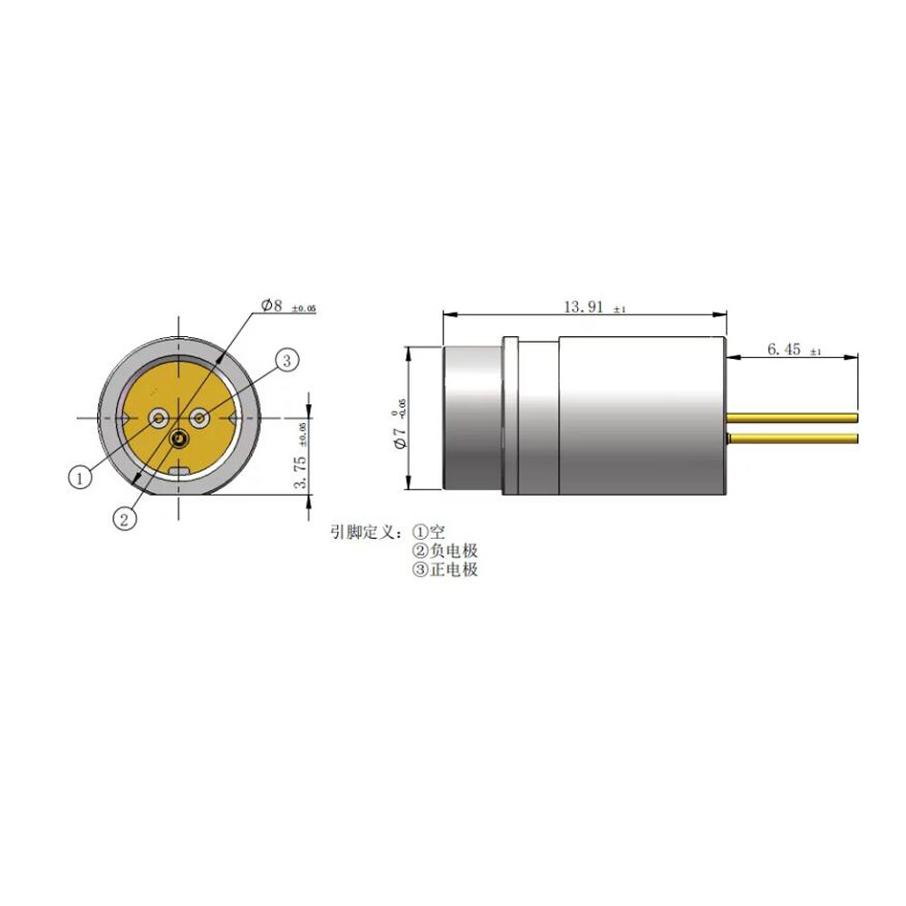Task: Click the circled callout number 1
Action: pyautogui.click(x=81, y=476)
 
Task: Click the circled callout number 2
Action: pyautogui.click(x=125, y=518)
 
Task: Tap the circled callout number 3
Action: pyautogui.click(x=285, y=361)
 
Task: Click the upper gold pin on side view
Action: pyautogui.click(x=793, y=418)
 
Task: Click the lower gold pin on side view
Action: pyautogui.click(x=793, y=439)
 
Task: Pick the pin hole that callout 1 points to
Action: pyautogui.click(x=159, y=418)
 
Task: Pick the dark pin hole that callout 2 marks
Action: pyautogui.click(x=179, y=439)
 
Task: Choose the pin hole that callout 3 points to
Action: pyautogui.click(x=200, y=418)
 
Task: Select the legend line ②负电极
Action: pyautogui.click(x=445, y=551)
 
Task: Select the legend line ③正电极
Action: pyautogui.click(x=445, y=570)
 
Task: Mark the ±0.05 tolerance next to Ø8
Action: pyautogui.click(x=304, y=309)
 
